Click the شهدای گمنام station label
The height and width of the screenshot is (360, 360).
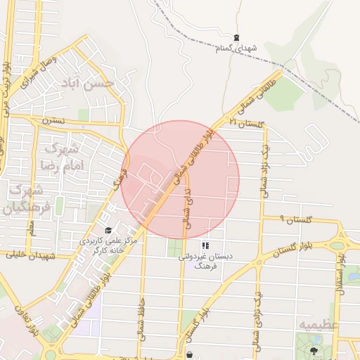(237, 48)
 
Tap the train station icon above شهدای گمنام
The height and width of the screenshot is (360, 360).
(237, 37)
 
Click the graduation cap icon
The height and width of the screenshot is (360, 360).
(108, 230)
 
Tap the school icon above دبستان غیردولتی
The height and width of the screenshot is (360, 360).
(206, 246)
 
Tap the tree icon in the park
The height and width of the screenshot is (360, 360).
(313, 349)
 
